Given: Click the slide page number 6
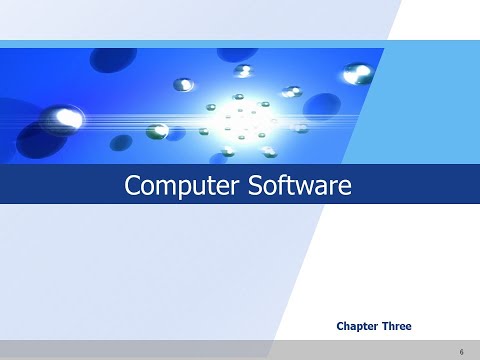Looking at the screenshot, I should click(462, 351).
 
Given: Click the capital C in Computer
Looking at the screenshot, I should click(130, 185).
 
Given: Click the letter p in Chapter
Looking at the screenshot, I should click(363, 327).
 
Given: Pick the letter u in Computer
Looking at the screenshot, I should click(193, 187).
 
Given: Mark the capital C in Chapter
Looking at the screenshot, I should click(341, 326).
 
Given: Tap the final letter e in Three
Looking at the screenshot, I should click(408, 327).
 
